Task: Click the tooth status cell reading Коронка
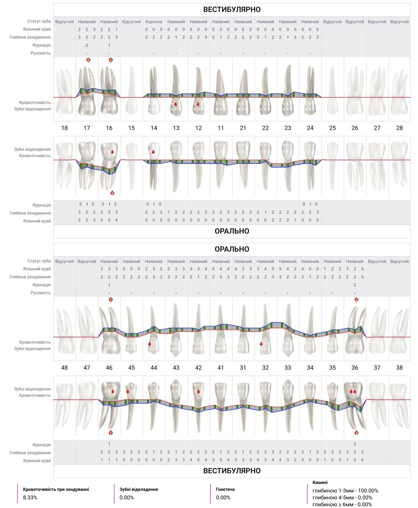click(154, 22)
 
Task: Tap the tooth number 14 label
click(154, 128)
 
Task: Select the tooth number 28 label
click(399, 128)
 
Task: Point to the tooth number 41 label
click(221, 368)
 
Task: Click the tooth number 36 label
click(355, 368)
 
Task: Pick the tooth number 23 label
click(288, 128)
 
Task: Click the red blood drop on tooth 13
click(175, 104)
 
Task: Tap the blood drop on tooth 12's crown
click(198, 104)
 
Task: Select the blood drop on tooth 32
click(261, 344)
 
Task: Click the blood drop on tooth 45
click(128, 391)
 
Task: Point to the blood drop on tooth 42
click(198, 391)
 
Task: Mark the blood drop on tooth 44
click(150, 344)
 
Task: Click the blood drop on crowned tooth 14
click(153, 152)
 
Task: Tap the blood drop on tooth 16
click(112, 152)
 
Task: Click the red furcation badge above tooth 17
click(88, 60)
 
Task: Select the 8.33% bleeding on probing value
click(30, 497)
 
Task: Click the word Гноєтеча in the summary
click(225, 489)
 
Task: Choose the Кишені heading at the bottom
click(320, 482)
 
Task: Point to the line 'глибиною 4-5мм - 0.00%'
click(342, 497)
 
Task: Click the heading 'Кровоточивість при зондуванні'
click(56, 489)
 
